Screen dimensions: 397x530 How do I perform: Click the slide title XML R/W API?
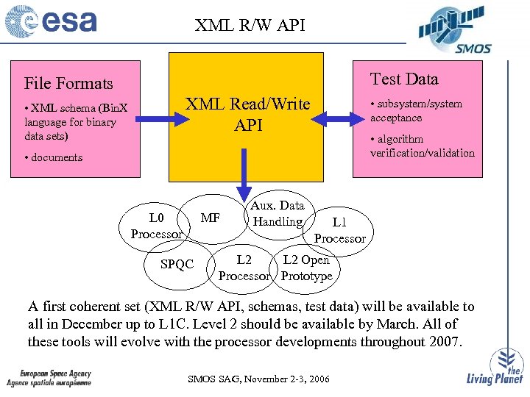pyautogui.click(x=250, y=26)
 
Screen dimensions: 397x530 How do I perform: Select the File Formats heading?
pyautogui.click(x=68, y=83)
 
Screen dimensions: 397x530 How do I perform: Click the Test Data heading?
pyautogui.click(x=403, y=79)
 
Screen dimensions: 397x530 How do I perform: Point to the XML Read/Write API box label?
pyautogui.click(x=247, y=115)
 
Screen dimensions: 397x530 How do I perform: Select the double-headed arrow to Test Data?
pyautogui.click(x=336, y=115)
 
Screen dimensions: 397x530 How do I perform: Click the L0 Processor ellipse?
pyautogui.click(x=156, y=225)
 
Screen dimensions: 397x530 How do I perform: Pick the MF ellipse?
pyautogui.click(x=211, y=218)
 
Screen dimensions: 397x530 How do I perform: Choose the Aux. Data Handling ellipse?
pyautogui.click(x=277, y=213)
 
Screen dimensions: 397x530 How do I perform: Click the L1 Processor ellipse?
pyautogui.click(x=339, y=230)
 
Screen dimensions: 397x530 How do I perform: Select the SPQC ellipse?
pyautogui.click(x=177, y=264)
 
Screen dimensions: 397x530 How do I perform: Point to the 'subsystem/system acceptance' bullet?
pyautogui.click(x=416, y=111)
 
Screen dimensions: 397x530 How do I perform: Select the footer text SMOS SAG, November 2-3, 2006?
pyautogui.click(x=259, y=379)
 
